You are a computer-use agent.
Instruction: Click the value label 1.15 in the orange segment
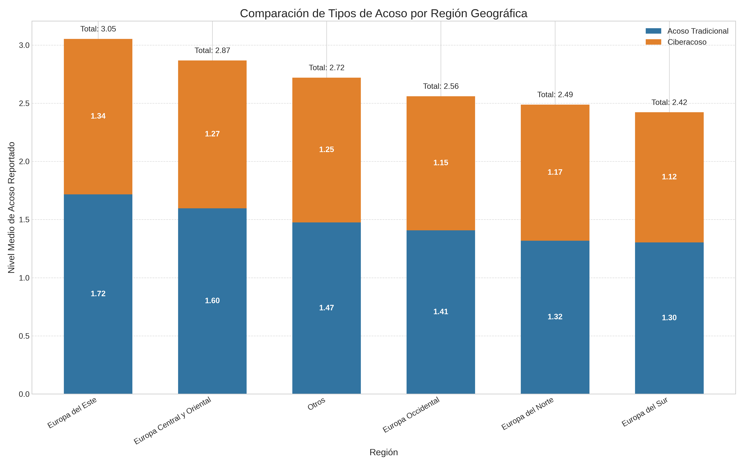coord(441,163)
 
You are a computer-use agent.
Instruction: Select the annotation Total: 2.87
coord(212,50)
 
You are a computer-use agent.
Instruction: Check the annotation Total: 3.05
coord(98,29)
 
